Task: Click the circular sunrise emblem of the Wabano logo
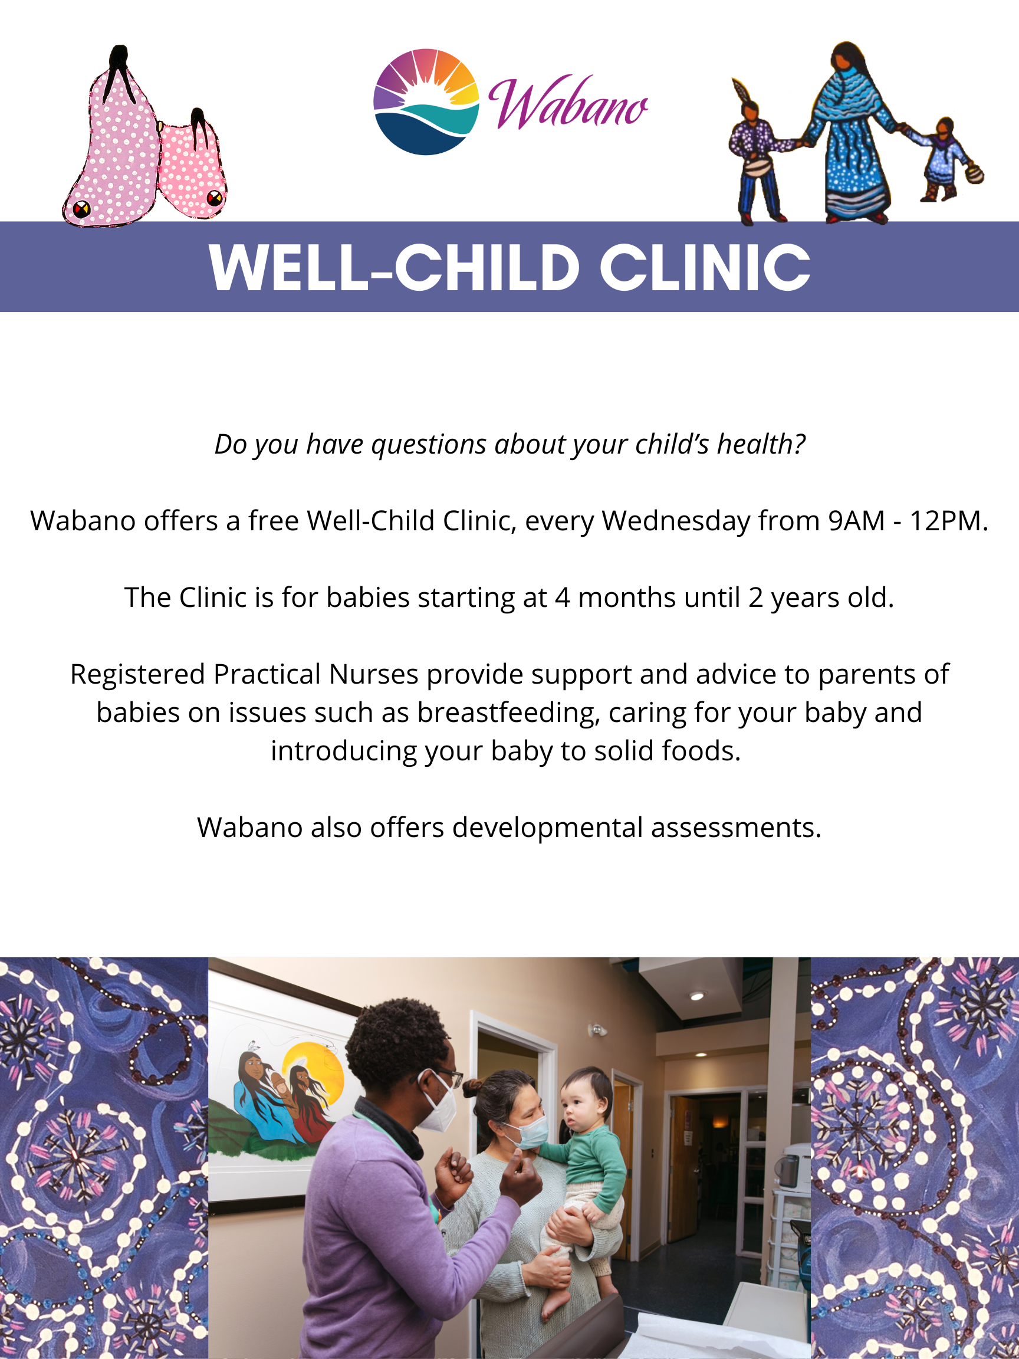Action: point(426,102)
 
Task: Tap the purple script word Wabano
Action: point(568,103)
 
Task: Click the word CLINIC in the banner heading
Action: point(705,267)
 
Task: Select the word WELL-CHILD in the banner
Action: point(395,267)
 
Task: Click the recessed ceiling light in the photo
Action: point(696,996)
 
